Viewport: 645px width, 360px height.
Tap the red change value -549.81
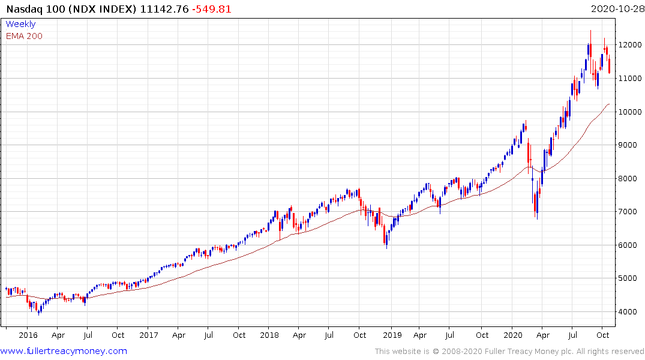[212, 9]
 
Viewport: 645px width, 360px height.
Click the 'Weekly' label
[20, 25]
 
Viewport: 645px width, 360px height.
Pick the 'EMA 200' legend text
[24, 36]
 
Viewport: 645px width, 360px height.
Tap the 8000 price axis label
[631, 179]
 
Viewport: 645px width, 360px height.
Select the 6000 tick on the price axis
[631, 245]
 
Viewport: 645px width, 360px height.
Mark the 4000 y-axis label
[631, 312]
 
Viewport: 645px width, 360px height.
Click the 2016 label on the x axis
[28, 335]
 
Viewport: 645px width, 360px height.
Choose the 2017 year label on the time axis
[148, 335]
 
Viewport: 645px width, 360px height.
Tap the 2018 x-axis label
[269, 335]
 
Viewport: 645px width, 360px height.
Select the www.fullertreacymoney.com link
[64, 351]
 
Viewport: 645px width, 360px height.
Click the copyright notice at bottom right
[509, 352]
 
